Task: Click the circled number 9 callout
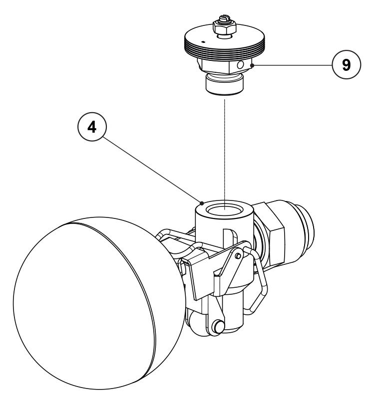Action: point(346,65)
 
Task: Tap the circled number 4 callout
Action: point(92,127)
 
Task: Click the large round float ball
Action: point(99,303)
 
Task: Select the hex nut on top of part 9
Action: point(225,28)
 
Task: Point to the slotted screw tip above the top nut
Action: point(224,17)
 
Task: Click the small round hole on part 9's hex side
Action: point(240,65)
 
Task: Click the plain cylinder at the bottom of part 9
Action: point(225,85)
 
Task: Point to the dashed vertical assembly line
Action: point(225,154)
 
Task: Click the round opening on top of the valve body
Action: point(224,210)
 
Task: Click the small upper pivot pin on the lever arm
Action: point(238,256)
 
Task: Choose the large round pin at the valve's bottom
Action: point(218,326)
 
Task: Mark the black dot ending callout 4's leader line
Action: point(202,203)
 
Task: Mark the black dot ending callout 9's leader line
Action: point(252,65)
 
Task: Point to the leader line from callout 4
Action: point(153,170)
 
